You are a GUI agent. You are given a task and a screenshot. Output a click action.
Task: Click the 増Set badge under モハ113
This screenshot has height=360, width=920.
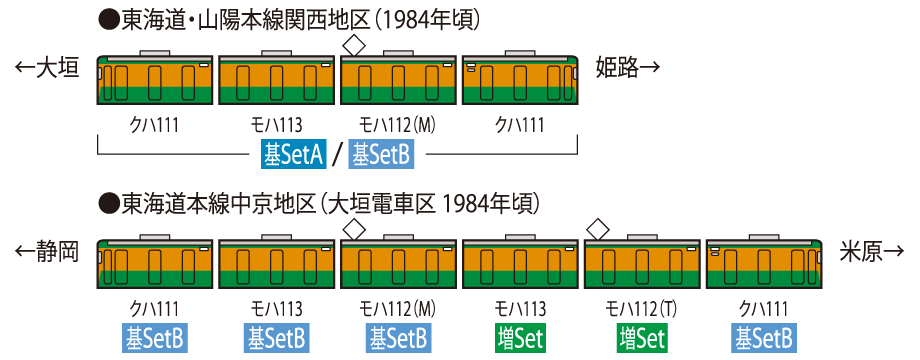[x=520, y=338]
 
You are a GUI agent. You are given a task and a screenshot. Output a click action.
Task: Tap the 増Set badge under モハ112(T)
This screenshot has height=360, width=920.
[x=642, y=338]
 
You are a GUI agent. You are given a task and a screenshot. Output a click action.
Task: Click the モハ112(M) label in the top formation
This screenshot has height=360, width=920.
[x=398, y=125]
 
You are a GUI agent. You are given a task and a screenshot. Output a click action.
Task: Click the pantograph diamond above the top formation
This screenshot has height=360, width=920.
[x=353, y=45]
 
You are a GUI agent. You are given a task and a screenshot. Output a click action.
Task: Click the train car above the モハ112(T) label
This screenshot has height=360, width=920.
[x=642, y=267]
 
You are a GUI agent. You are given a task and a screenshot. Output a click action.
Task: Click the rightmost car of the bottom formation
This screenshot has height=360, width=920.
[x=764, y=267]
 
